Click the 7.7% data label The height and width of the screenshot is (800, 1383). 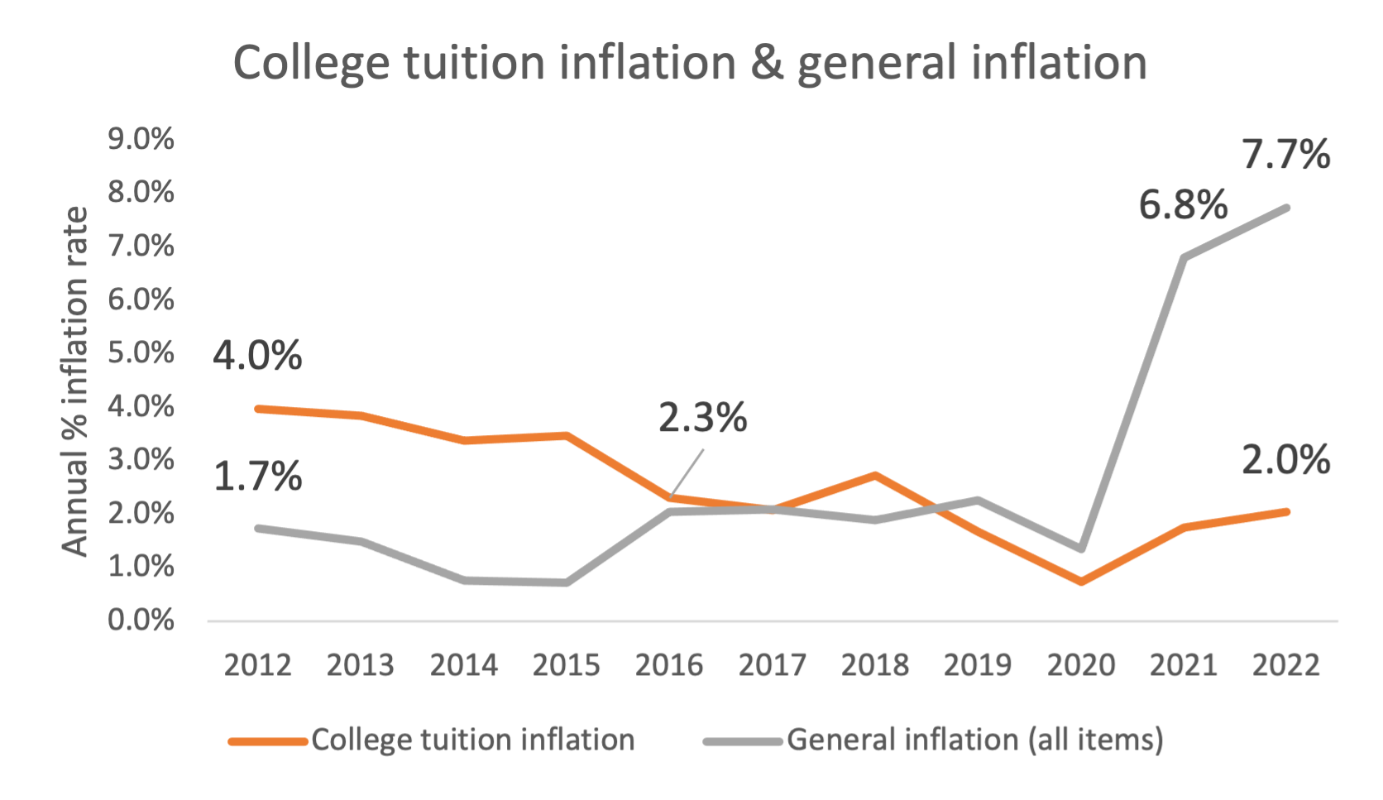coord(1285,155)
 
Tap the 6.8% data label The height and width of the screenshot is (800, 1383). coord(1183,204)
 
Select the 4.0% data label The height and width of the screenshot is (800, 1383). coord(257,355)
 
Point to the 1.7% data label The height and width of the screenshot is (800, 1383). coord(257,477)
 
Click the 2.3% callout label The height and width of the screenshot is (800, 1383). coord(702,417)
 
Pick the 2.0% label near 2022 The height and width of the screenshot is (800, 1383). coord(1285,459)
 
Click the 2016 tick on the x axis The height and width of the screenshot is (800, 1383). coord(668,665)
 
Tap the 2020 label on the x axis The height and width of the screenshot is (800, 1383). coord(1080,665)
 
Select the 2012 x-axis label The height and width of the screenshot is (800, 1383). coord(257,665)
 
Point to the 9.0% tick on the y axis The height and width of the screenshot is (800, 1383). coord(141,139)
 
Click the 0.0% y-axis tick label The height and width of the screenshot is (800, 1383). coord(141,620)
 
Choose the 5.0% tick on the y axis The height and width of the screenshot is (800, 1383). coord(141,352)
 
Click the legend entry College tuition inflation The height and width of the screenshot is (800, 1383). coord(472,740)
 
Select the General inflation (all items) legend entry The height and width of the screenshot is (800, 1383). coord(974,740)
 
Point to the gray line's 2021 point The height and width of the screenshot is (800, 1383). coord(1184,257)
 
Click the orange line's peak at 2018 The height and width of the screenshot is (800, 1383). coord(875,475)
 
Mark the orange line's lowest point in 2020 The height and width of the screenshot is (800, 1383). coord(1081,582)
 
